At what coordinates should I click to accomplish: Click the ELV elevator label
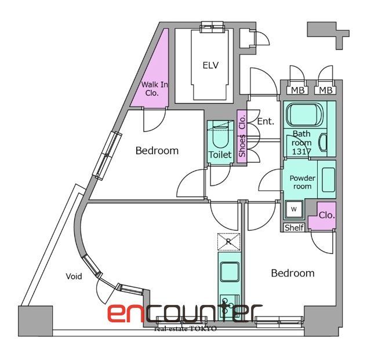point(210,65)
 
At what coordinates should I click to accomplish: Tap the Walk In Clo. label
point(154,89)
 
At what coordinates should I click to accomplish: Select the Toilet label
point(220,155)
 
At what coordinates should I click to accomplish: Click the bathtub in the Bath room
point(304,115)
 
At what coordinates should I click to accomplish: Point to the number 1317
point(301,151)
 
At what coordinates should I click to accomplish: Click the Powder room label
point(302,182)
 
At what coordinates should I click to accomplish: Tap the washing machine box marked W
point(294,209)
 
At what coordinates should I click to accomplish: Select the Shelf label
point(294,227)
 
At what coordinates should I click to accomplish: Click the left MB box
point(297,90)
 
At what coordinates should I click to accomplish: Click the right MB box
point(325,90)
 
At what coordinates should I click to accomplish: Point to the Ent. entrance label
point(265,121)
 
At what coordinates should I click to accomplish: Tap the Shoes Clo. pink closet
point(242,136)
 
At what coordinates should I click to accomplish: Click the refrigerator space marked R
point(228,242)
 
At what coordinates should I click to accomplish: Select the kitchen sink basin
point(230,272)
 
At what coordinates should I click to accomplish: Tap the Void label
point(74,276)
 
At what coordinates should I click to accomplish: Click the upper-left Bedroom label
point(157,151)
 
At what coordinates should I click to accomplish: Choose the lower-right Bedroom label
point(293,273)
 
